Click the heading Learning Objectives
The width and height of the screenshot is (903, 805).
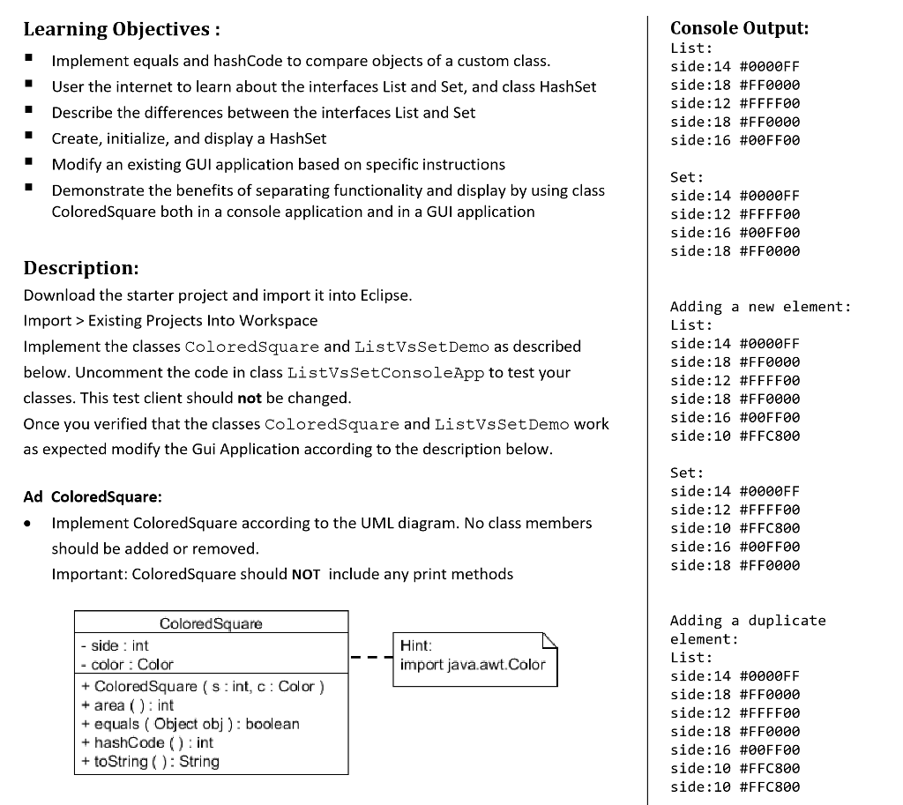[x=121, y=29]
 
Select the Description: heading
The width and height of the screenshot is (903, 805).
[x=80, y=267]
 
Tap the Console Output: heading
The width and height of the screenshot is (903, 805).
[x=739, y=27]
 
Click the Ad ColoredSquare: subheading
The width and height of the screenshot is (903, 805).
[x=93, y=496]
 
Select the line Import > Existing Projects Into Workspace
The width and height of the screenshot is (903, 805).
[x=170, y=320]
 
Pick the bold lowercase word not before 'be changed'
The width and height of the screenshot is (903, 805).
[x=250, y=398]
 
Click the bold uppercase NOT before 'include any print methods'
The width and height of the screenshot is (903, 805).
[x=305, y=574]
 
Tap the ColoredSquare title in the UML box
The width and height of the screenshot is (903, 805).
[x=211, y=623]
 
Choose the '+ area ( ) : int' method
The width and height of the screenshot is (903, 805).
[x=127, y=705]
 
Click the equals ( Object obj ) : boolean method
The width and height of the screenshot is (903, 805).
[x=196, y=724]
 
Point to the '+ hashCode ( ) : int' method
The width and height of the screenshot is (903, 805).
[x=146, y=742]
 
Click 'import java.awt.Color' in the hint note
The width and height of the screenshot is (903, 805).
[x=473, y=665]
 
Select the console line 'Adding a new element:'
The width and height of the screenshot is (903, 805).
[x=760, y=307]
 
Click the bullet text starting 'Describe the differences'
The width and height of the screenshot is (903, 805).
[x=264, y=113]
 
